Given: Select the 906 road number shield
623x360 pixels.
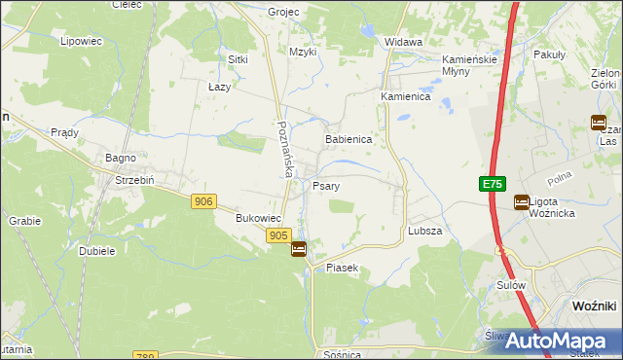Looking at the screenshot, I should (x=203, y=200).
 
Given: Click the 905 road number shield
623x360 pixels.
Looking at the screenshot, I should (x=278, y=235).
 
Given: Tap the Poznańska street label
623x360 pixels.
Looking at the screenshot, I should (x=284, y=149).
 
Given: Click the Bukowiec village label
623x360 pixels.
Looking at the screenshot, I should (x=259, y=219).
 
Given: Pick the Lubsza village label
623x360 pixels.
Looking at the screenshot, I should (x=425, y=232).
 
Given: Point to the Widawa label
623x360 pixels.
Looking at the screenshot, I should (x=403, y=43).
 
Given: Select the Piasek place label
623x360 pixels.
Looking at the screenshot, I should (x=343, y=267).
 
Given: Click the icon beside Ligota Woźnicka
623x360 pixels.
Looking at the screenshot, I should (x=522, y=202).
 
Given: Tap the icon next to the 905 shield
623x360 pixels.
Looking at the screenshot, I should (x=299, y=249).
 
